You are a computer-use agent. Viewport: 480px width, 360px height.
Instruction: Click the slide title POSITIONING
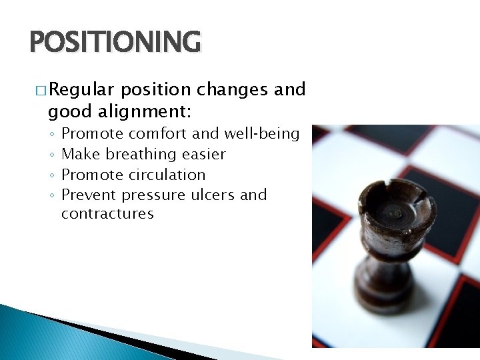pos(115,41)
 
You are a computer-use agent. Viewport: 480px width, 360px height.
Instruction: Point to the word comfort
pos(158,133)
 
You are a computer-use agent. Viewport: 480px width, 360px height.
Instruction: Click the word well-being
pos(262,133)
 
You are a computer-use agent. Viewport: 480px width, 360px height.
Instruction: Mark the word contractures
pos(107,214)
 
